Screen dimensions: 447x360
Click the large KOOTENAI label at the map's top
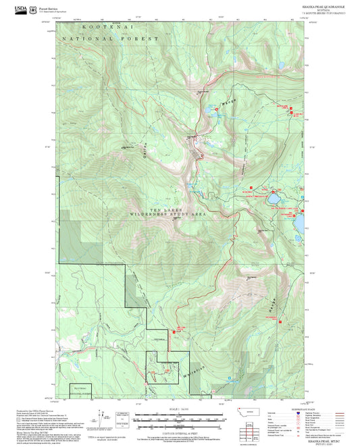click(107, 27)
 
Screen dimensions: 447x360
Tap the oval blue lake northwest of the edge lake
click(274, 200)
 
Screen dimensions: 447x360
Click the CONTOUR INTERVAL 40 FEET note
click(180, 433)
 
